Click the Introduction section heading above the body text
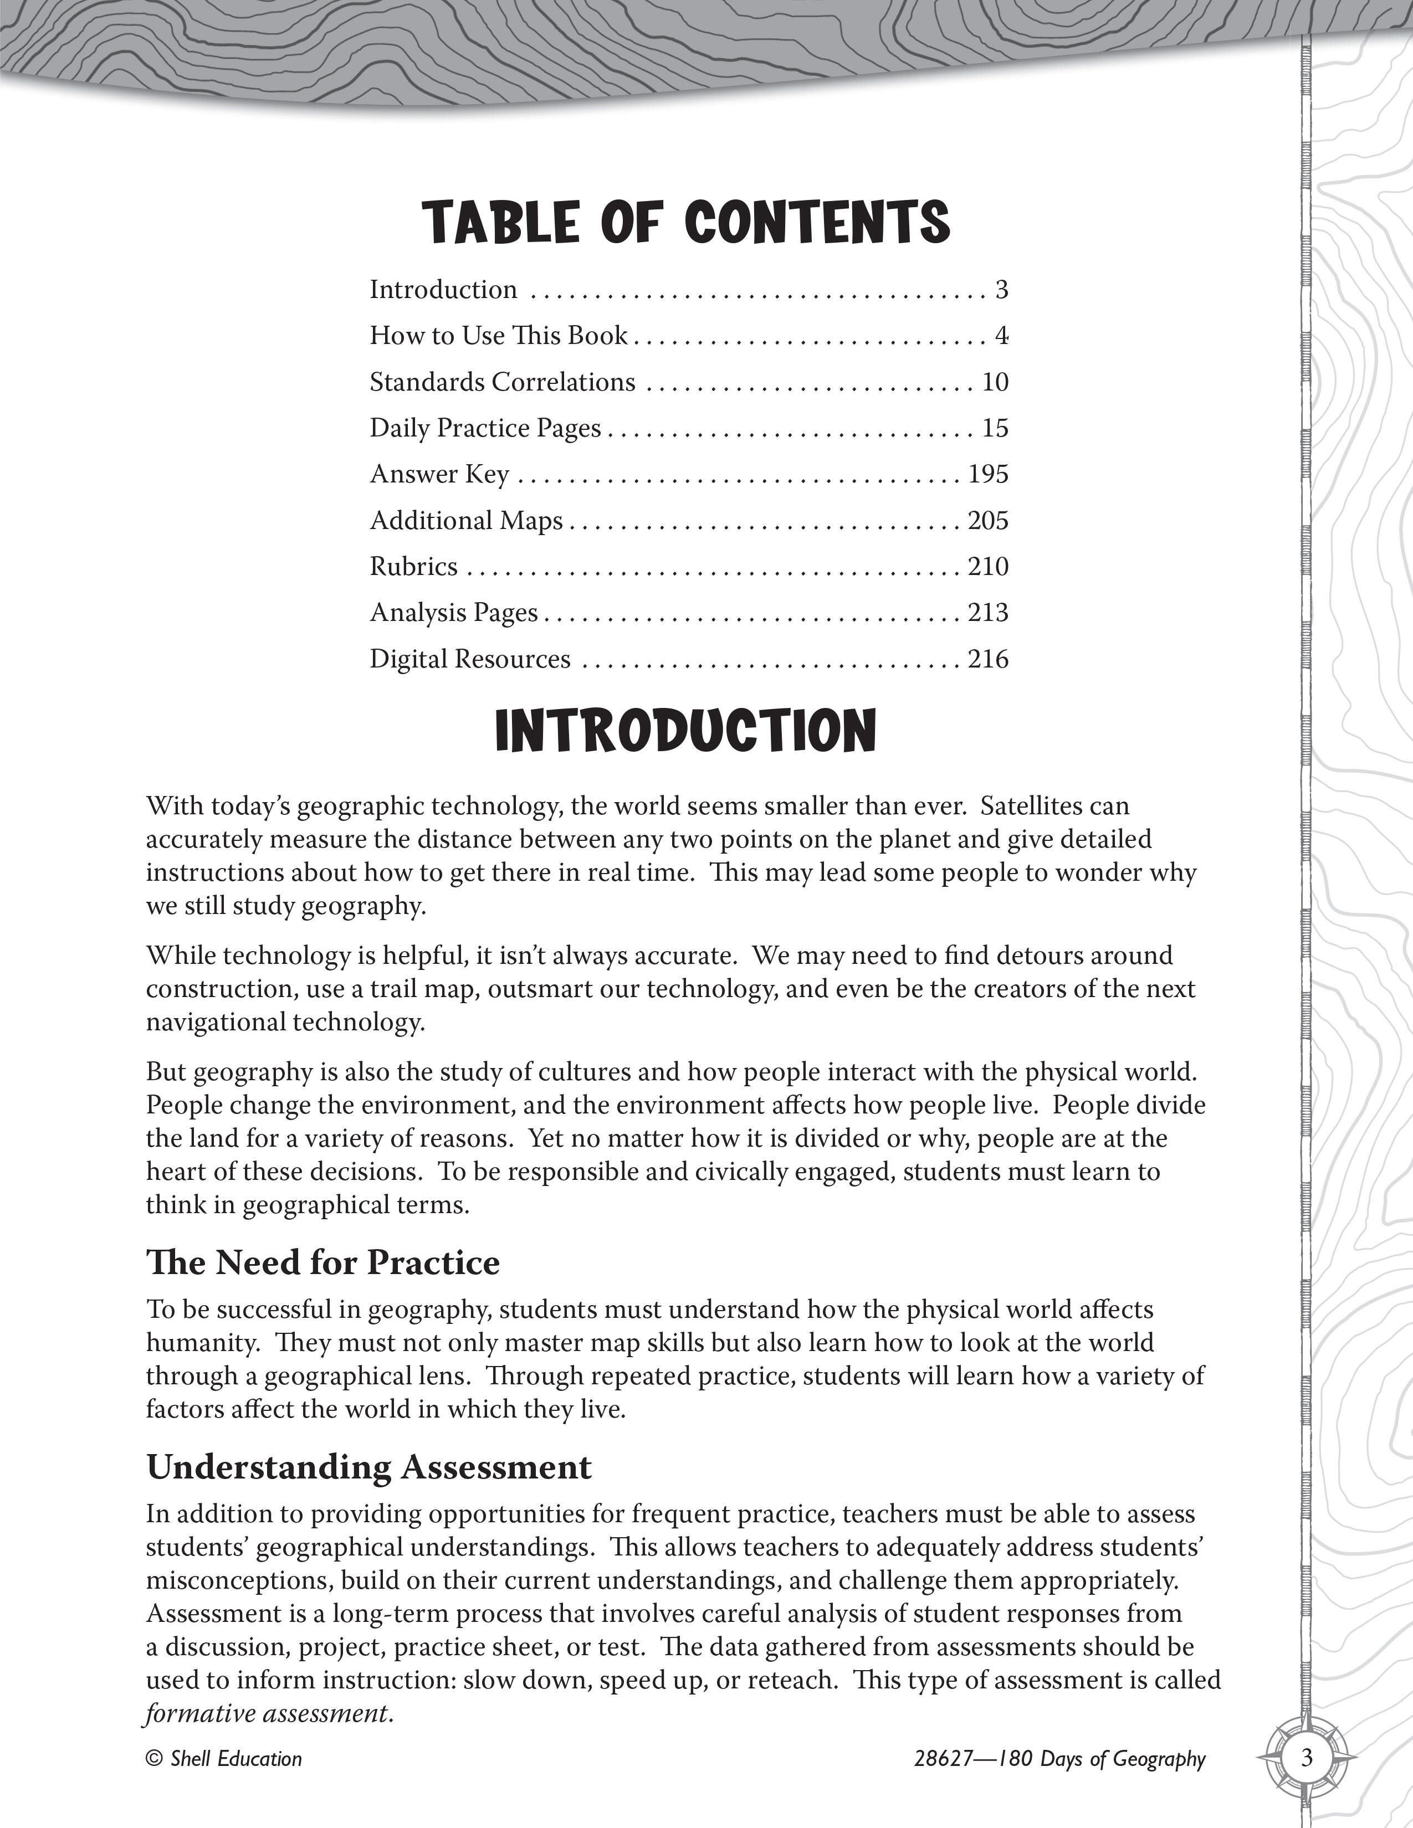(x=687, y=730)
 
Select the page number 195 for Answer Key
(x=988, y=475)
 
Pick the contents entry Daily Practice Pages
(x=485, y=429)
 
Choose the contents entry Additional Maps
(x=466, y=521)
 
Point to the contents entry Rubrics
(x=413, y=567)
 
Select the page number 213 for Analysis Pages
(x=988, y=613)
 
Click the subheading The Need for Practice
(x=323, y=1263)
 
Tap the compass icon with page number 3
(x=1307, y=1757)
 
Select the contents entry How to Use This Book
(x=499, y=336)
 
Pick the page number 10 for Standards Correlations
(x=995, y=383)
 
